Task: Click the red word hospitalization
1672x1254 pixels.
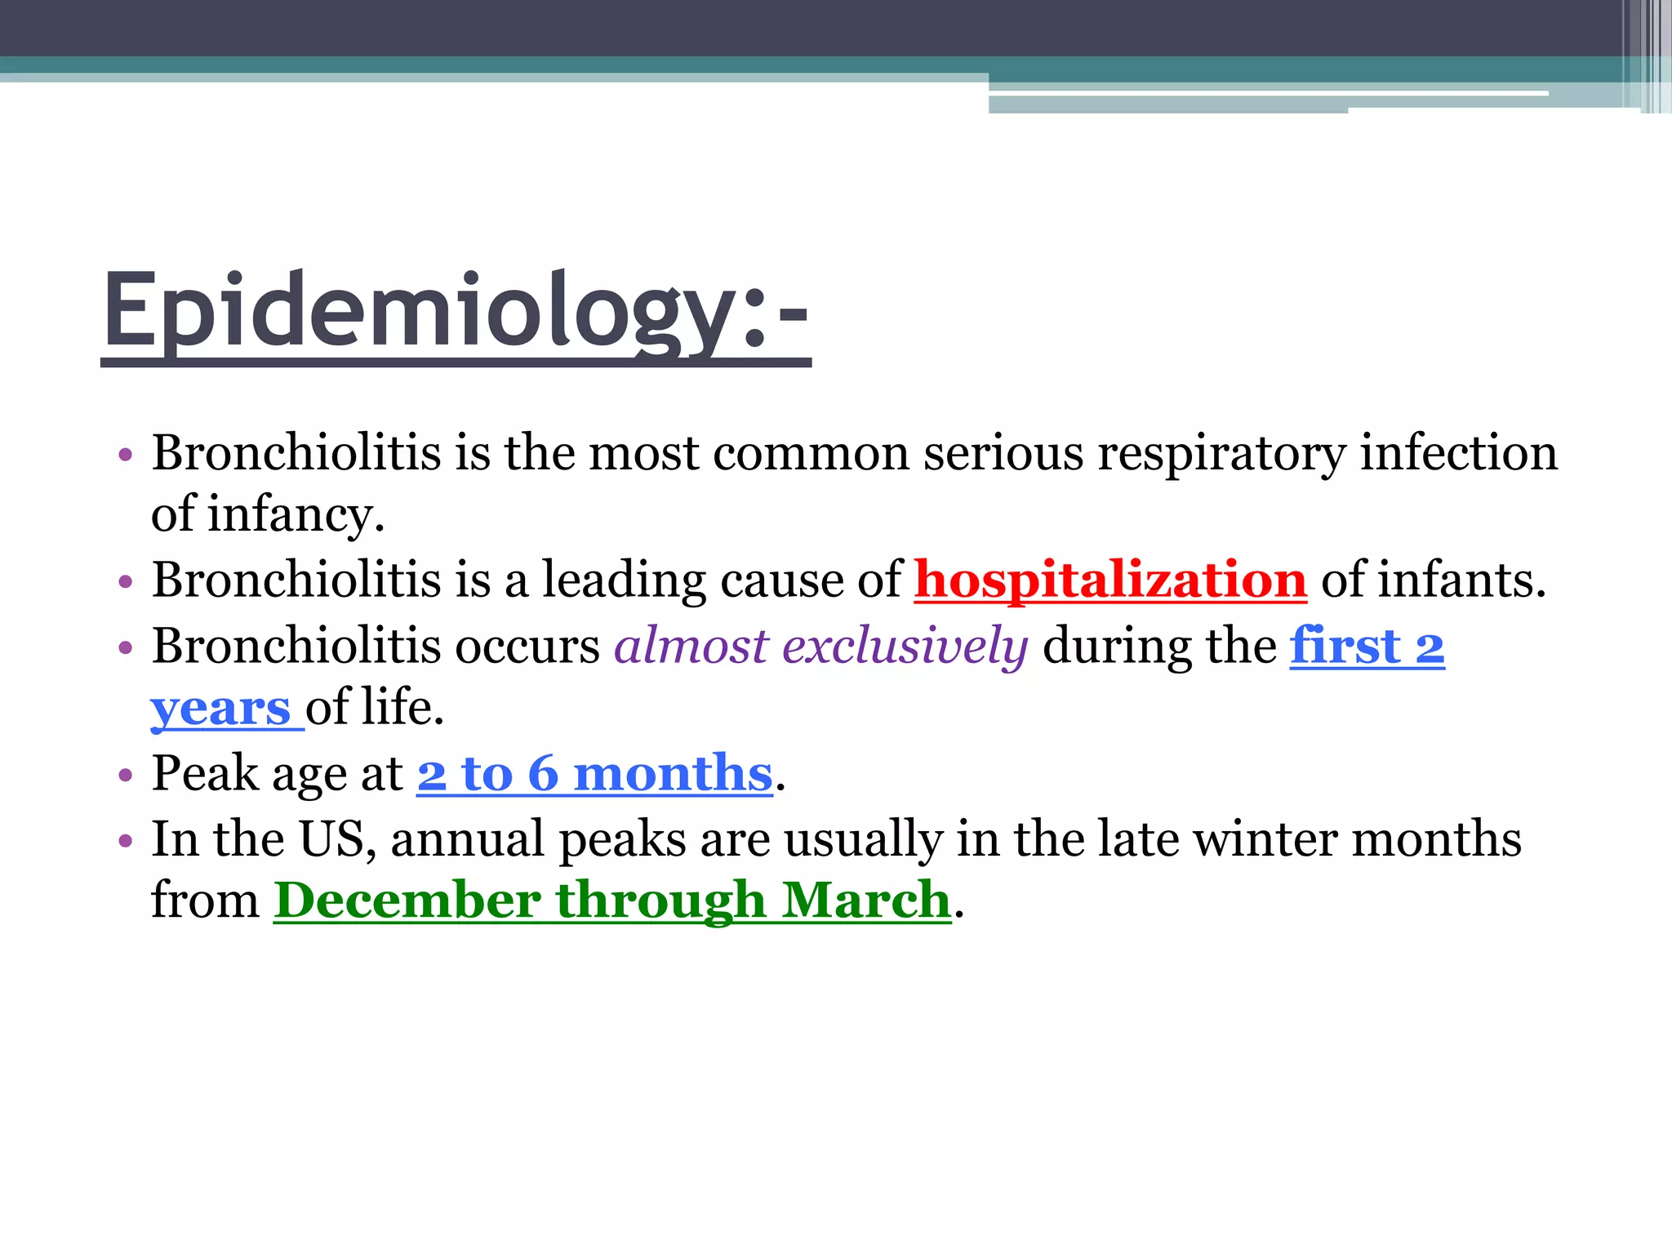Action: point(1110,580)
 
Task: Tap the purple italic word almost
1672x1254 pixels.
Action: point(691,646)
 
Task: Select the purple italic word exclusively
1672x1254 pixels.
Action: point(905,646)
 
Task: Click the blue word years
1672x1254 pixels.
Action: point(220,708)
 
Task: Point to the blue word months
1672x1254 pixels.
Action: point(673,773)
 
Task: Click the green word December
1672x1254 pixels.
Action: point(407,900)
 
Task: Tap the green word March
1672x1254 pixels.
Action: point(866,900)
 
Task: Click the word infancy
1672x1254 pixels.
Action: point(295,515)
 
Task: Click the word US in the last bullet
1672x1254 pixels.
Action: point(331,838)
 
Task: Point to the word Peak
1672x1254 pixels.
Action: point(205,773)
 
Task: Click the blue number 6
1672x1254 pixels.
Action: point(543,773)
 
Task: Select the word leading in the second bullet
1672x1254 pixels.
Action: point(625,580)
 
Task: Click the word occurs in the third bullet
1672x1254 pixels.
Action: point(527,646)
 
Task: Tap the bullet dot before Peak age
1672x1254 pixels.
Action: point(125,775)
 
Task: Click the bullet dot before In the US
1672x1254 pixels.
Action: point(125,840)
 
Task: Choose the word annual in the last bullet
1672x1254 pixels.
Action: point(468,838)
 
